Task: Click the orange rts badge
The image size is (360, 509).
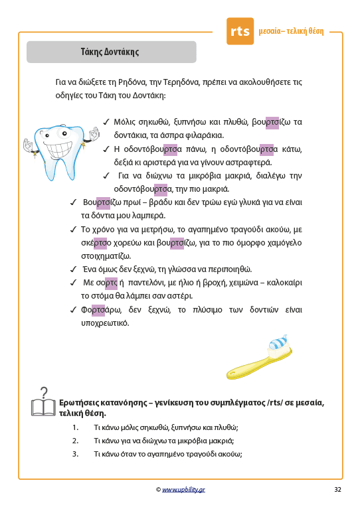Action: (x=240, y=31)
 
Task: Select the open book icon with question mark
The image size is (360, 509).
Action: (x=43, y=403)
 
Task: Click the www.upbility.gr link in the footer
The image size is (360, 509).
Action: (x=183, y=490)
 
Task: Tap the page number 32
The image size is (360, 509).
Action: (x=337, y=490)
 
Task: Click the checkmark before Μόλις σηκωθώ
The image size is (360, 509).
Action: (x=106, y=122)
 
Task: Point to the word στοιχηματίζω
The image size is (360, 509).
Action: (x=106, y=256)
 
